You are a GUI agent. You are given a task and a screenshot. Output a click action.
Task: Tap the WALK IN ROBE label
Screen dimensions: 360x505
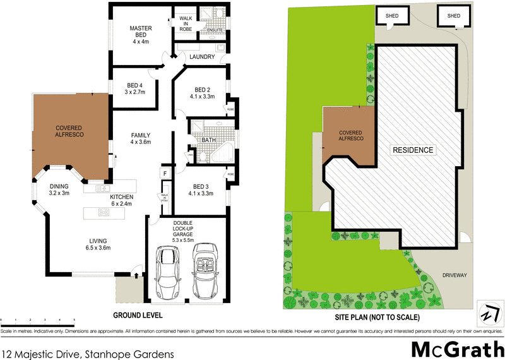pos(186,23)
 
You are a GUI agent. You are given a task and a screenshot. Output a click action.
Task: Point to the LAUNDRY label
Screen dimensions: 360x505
pos(203,57)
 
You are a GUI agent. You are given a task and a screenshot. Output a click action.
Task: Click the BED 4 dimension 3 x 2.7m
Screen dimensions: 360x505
pos(134,92)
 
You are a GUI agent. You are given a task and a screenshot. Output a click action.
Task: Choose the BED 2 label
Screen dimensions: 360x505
pos(202,89)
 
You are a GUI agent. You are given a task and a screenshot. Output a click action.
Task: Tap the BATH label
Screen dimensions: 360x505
pos(209,140)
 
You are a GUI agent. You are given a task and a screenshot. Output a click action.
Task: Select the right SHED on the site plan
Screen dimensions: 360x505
pos(454,16)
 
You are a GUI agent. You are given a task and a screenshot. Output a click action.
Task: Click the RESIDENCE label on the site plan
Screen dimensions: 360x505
pos(413,150)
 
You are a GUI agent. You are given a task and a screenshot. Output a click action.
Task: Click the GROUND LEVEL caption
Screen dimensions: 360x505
pos(138,315)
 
